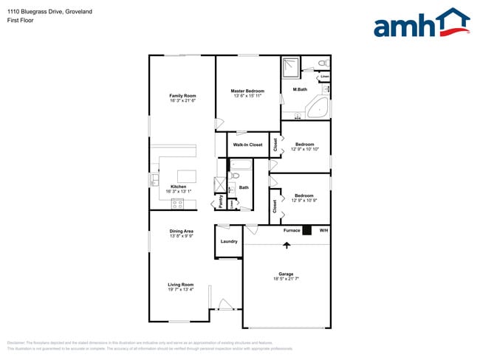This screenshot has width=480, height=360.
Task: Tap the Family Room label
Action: [182, 96]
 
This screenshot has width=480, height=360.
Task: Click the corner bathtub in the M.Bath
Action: [318, 107]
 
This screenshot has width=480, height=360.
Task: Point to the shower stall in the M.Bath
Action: [292, 68]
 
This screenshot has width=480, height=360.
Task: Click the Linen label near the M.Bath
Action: [324, 76]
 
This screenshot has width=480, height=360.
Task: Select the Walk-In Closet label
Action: [247, 145]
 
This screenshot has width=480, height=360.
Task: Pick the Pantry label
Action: [221, 200]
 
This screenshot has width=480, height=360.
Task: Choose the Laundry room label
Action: [229, 241]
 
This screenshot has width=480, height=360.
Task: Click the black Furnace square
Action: [308, 231]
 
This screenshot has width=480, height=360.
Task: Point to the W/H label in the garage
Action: [323, 231]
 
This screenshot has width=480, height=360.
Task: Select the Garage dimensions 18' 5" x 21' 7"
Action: [286, 279]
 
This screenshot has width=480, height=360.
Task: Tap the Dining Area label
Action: [181, 232]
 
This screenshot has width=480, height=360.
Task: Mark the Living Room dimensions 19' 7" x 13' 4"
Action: [181, 289]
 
